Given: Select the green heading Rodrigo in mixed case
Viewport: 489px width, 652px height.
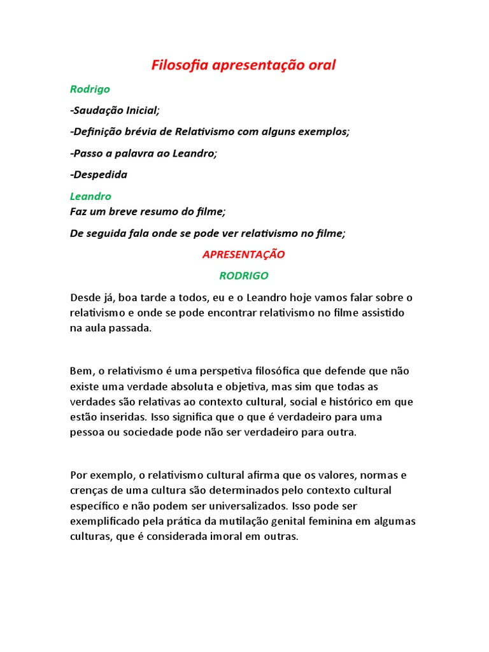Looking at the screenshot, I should tap(90, 90).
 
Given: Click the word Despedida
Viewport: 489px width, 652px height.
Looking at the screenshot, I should tap(99, 174).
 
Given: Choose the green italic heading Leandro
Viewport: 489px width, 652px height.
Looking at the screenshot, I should tap(90, 197).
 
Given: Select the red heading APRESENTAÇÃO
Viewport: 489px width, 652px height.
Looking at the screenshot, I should tap(244, 255).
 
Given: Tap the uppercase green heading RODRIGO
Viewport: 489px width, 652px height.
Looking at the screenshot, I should tap(244, 276).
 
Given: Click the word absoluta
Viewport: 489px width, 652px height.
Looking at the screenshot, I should tap(203, 386).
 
